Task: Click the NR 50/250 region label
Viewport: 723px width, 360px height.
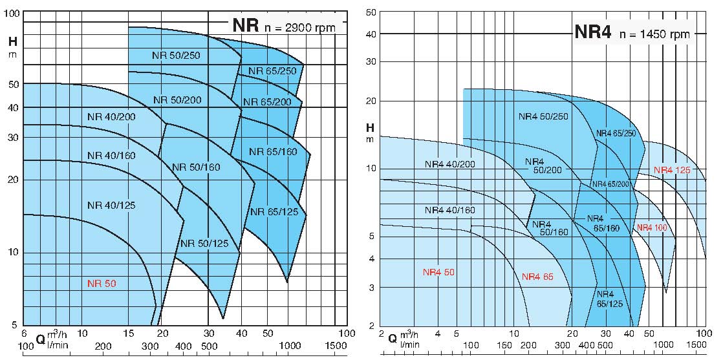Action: coord(176,56)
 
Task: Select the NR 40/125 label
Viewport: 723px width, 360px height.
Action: coord(111,206)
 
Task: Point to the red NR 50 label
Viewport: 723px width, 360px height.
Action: coord(102,283)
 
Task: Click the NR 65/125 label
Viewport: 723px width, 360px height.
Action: coord(274,211)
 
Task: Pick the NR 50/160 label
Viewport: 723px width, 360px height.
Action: coord(196,167)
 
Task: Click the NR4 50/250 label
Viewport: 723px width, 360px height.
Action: coord(543,116)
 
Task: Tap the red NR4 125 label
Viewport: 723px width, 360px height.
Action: coord(673,171)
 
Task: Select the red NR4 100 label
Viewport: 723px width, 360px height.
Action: coord(652,228)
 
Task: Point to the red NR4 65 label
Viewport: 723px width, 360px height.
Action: coord(537,277)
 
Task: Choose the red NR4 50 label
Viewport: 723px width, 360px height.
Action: coord(438,272)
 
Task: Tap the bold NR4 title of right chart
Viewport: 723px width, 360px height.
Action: coord(592,33)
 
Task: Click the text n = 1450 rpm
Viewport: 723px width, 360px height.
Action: coord(654,34)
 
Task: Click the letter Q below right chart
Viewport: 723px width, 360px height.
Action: coord(392,337)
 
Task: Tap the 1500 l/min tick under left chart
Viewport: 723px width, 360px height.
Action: coord(337,347)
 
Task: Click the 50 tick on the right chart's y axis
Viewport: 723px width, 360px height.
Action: coord(371,12)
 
